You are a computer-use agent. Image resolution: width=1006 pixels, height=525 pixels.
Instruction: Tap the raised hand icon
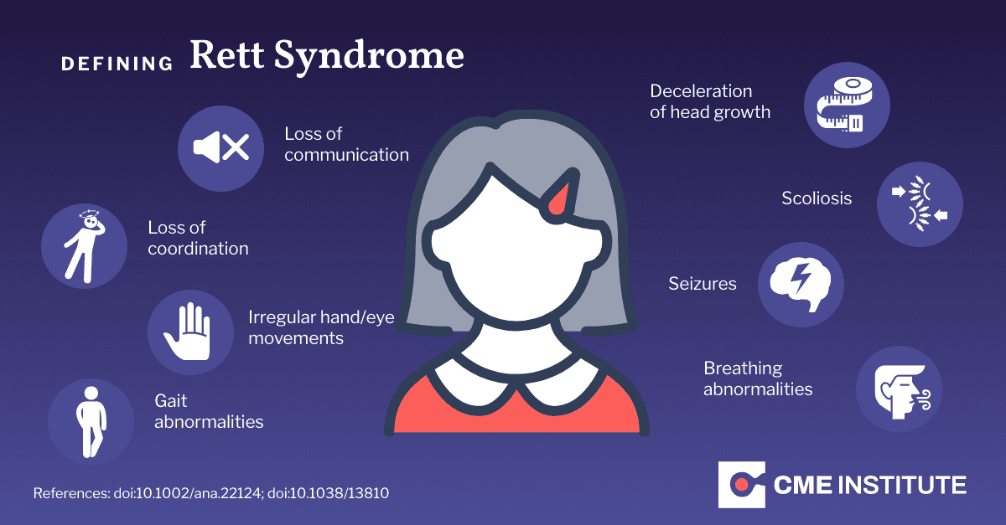click(x=190, y=332)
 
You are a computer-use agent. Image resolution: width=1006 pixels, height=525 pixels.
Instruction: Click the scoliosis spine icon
click(x=920, y=204)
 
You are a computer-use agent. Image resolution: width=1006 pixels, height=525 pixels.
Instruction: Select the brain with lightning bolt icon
click(x=801, y=284)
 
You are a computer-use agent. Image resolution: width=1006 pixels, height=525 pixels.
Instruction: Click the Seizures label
click(x=703, y=284)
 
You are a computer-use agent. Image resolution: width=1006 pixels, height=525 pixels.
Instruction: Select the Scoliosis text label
click(x=817, y=198)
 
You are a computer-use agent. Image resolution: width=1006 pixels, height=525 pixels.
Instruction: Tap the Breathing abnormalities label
click(x=758, y=378)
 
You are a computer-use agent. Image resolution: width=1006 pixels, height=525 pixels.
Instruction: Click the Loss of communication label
click(x=346, y=144)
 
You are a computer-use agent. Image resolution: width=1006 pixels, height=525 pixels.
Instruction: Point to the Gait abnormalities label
click(x=209, y=411)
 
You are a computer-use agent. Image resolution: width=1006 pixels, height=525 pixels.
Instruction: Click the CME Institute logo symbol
click(x=742, y=483)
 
